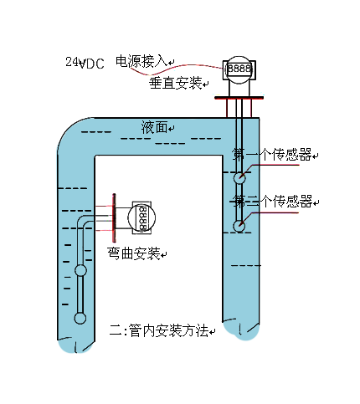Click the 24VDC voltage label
pyautogui.click(x=85, y=63)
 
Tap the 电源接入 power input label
pyautogui.click(x=141, y=61)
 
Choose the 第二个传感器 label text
pyautogui.click(x=273, y=202)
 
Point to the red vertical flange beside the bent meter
pyautogui.click(x=112, y=216)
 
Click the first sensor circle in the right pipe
pyautogui.click(x=239, y=177)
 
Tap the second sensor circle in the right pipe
pyautogui.click(x=239, y=225)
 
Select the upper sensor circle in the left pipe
pyautogui.click(x=80, y=271)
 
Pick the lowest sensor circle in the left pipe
pyautogui.click(x=80, y=317)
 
